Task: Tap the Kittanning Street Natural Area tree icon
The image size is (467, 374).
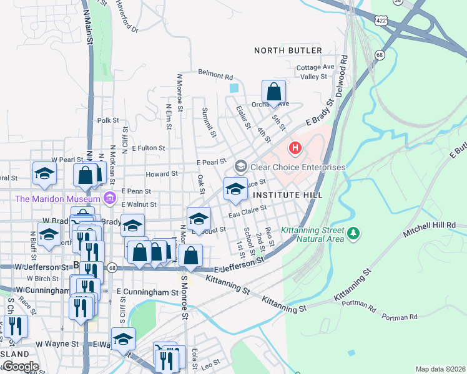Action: click(x=353, y=233)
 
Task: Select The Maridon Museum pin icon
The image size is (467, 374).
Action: click(x=110, y=199)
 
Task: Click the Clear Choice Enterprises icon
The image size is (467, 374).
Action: click(x=240, y=167)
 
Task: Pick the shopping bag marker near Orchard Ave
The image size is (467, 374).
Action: click(x=273, y=92)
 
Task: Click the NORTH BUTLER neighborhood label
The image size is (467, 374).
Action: click(x=288, y=50)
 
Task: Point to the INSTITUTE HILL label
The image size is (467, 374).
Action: click(x=288, y=195)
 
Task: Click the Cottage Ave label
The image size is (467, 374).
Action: click(x=316, y=67)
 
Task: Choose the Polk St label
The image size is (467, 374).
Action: click(x=108, y=120)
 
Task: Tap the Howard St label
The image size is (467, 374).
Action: click(x=162, y=175)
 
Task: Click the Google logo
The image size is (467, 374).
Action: click(x=20, y=367)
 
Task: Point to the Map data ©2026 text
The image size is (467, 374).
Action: click(x=440, y=369)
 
